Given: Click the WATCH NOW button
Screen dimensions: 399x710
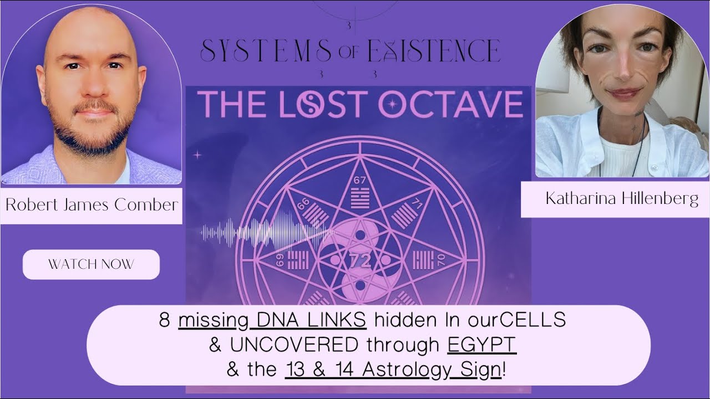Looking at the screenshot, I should (91, 264).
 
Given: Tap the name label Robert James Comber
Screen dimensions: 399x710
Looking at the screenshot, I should (92, 205).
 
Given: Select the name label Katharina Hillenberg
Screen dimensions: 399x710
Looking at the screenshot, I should (621, 199).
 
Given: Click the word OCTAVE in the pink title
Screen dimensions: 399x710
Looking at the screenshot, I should (451, 104).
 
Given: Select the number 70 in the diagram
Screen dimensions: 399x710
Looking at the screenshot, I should (440, 259).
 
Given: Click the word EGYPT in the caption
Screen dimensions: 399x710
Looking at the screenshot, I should (481, 345).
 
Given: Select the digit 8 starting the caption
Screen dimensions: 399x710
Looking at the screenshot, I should (164, 320).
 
